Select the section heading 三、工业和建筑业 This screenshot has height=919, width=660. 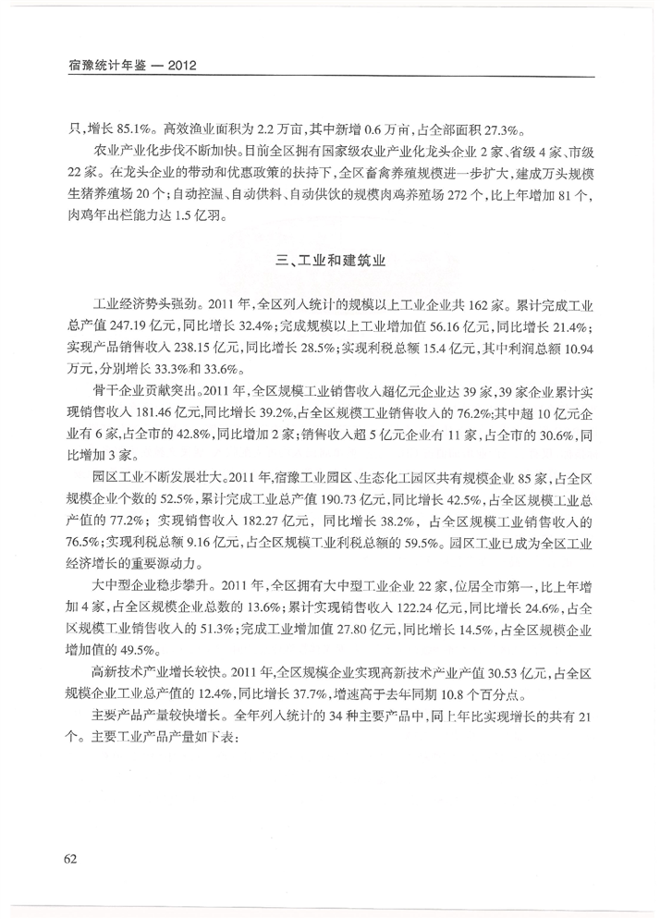click(329, 262)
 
